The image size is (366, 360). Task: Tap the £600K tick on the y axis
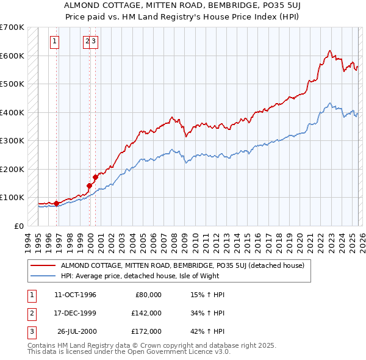coord(12,56)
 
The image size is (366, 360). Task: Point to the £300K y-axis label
coord(12,140)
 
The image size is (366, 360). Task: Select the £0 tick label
coord(19,226)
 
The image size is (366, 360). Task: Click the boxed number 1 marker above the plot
coord(54,41)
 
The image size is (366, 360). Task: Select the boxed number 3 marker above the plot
coord(95,41)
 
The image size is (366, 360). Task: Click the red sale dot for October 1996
coord(56,203)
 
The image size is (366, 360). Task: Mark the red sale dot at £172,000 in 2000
coord(96,177)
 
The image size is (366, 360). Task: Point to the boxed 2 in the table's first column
coord(30,313)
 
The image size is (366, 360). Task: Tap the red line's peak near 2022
coord(329,51)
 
